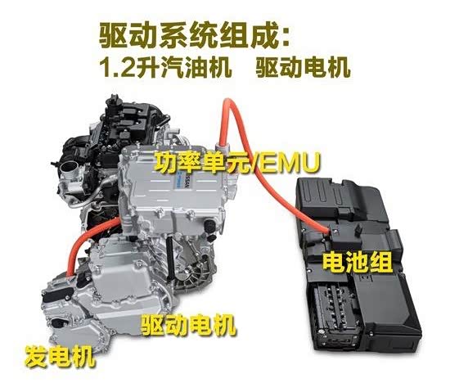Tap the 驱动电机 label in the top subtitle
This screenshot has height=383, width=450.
[x=302, y=66]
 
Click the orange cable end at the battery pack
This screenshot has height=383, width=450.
[x=327, y=232]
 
